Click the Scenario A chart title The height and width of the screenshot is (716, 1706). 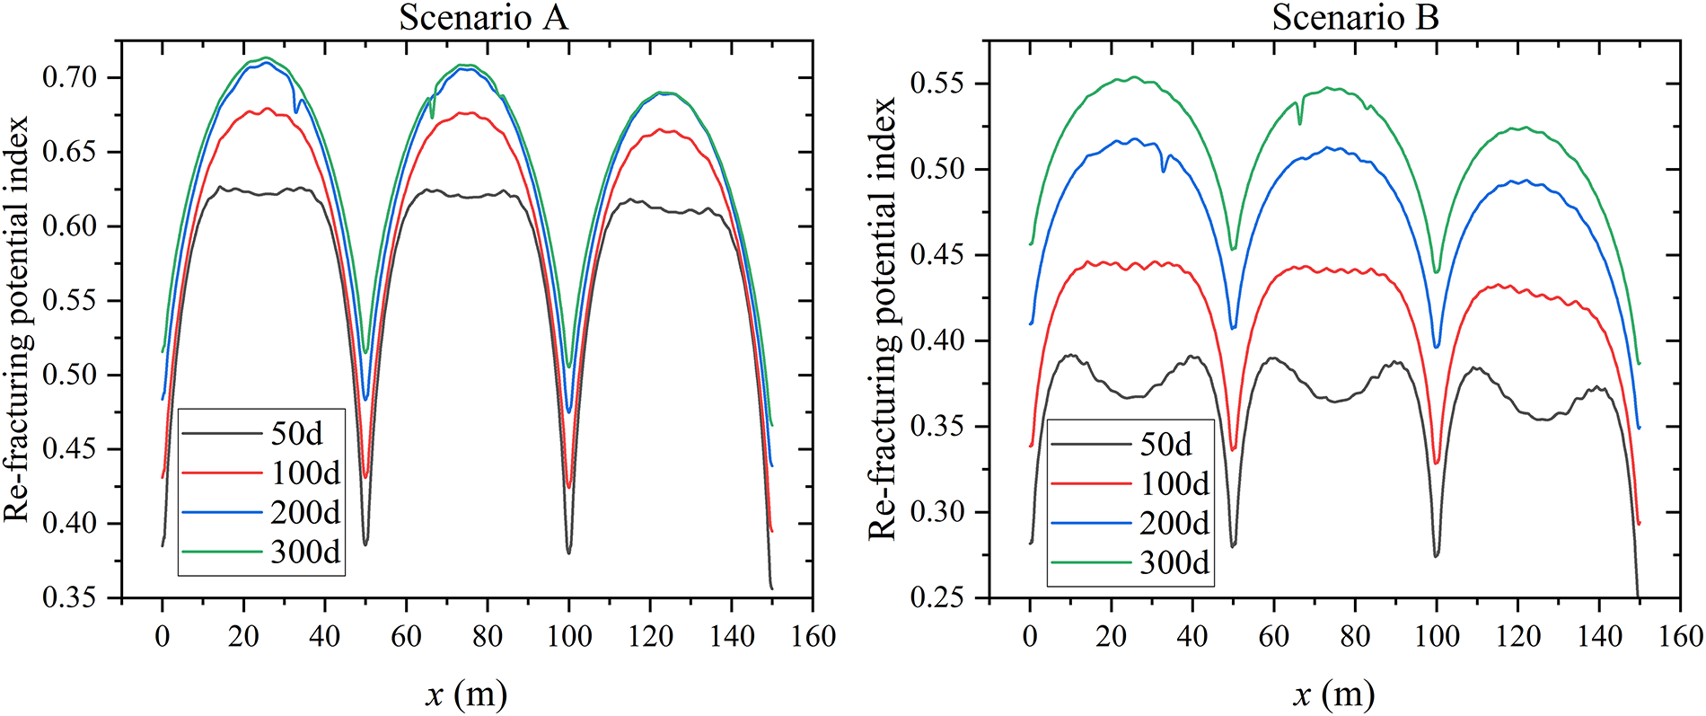pos(483,18)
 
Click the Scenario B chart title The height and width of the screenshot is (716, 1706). pos(1355,18)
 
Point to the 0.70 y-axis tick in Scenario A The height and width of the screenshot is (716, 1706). pos(69,77)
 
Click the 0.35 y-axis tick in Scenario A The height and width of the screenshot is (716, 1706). pos(69,597)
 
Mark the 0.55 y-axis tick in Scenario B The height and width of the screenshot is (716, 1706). pos(937,84)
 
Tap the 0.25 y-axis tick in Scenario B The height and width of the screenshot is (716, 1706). pos(937,597)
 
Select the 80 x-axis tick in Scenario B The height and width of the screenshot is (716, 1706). pos(1355,637)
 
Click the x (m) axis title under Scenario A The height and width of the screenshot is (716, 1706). pos(466,694)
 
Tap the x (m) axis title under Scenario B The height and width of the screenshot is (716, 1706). pos(1334,694)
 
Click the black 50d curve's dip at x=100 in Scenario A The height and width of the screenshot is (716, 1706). pos(569,552)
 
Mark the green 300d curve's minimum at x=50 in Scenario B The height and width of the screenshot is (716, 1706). pos(1233,249)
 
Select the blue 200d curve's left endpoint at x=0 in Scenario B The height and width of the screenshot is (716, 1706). pos(1031,323)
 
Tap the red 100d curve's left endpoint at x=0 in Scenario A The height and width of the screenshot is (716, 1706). pos(163,477)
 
